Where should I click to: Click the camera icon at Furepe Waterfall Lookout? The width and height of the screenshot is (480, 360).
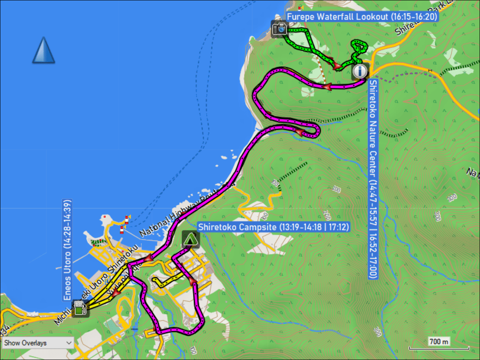(280, 28)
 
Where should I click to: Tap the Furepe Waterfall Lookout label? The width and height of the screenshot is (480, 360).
(362, 17)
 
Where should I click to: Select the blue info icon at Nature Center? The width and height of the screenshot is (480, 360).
(360, 71)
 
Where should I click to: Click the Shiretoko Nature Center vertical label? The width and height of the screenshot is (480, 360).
(373, 179)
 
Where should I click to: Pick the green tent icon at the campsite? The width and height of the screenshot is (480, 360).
(190, 239)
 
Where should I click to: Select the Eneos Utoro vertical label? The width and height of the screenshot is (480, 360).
(67, 250)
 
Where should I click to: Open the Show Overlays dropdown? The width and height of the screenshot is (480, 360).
(38, 343)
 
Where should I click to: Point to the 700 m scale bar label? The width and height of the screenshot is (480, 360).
(439, 342)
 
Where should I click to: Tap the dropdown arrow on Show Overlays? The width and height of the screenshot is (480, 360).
(69, 343)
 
